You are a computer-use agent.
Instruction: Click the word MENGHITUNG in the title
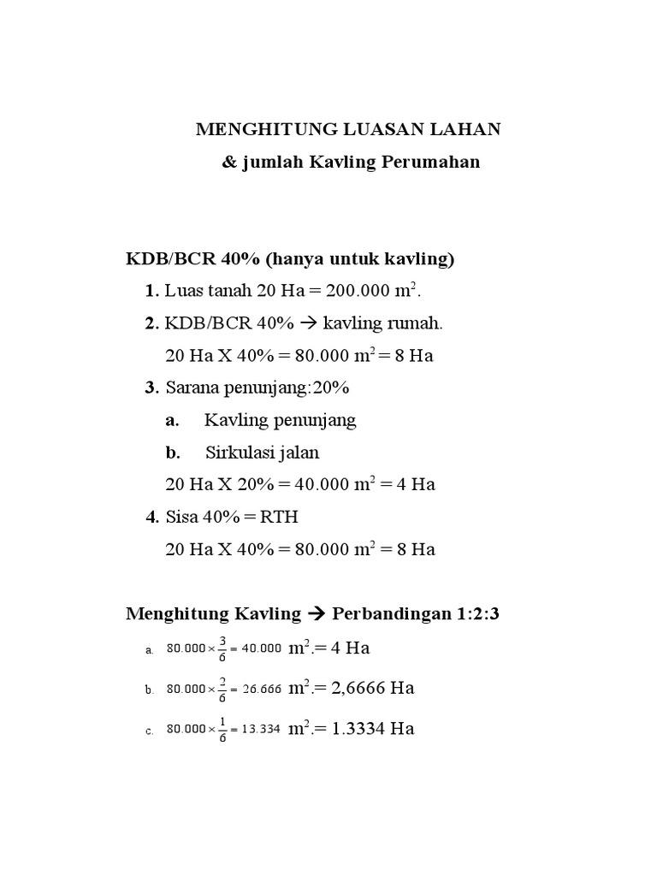pos(257,129)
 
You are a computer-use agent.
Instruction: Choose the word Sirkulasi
pos(240,453)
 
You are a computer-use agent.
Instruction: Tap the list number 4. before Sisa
pos(152,517)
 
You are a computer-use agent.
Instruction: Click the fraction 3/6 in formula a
pos(222,648)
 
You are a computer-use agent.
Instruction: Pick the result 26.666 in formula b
pos(262,689)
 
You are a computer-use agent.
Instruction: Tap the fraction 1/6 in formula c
pos(222,729)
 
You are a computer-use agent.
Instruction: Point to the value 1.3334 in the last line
pos(356,729)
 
